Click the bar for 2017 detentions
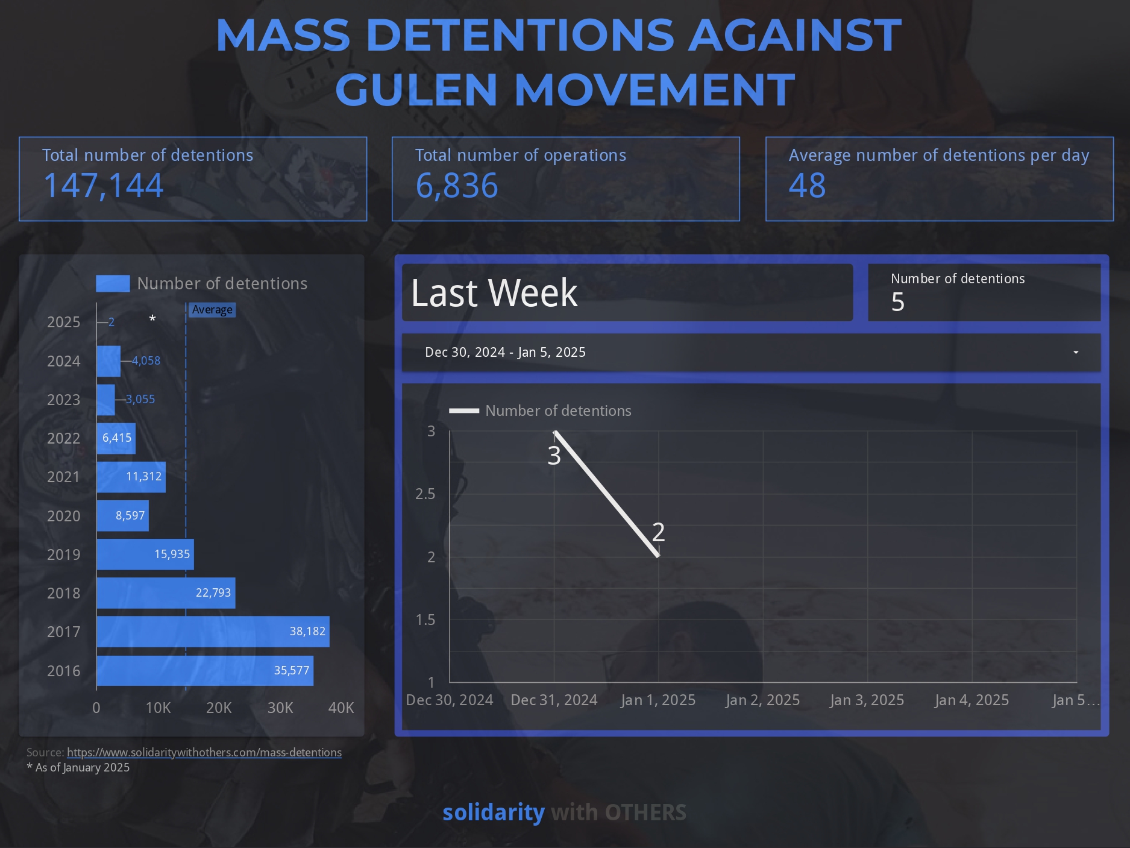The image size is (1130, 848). (213, 632)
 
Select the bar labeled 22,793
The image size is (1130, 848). (166, 593)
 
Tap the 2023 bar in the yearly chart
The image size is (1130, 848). (105, 400)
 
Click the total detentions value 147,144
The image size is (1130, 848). (103, 186)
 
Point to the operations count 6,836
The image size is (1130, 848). (457, 186)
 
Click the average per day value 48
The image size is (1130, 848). (807, 186)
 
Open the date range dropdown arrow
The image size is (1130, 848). (1076, 353)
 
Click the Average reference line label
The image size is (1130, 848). (212, 310)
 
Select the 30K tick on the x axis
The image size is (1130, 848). (280, 708)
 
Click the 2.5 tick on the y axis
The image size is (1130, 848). (425, 494)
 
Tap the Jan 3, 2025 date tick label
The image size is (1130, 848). (867, 700)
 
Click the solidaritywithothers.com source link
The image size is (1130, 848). (204, 752)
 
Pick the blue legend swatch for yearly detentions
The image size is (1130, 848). (113, 283)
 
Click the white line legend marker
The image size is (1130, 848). (464, 411)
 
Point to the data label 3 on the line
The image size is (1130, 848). (554, 456)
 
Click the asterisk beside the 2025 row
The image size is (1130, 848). (152, 319)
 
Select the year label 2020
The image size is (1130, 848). (63, 516)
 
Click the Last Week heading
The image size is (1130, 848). (494, 293)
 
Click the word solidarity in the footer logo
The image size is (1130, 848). (494, 812)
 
